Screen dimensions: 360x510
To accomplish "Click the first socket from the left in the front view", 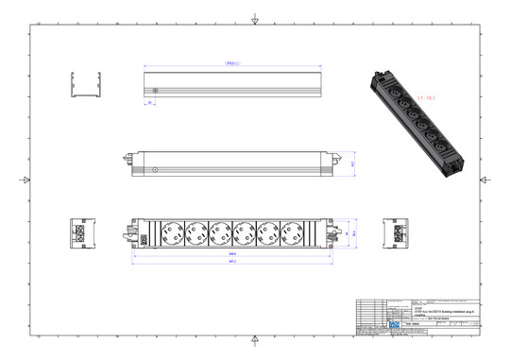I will click(170, 231).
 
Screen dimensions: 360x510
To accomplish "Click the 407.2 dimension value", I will click(231, 262).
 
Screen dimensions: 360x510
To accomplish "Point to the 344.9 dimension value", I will click(231, 253).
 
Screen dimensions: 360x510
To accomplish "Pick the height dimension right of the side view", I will click(352, 163).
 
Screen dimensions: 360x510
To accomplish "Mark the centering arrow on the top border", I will click(255, 20).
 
